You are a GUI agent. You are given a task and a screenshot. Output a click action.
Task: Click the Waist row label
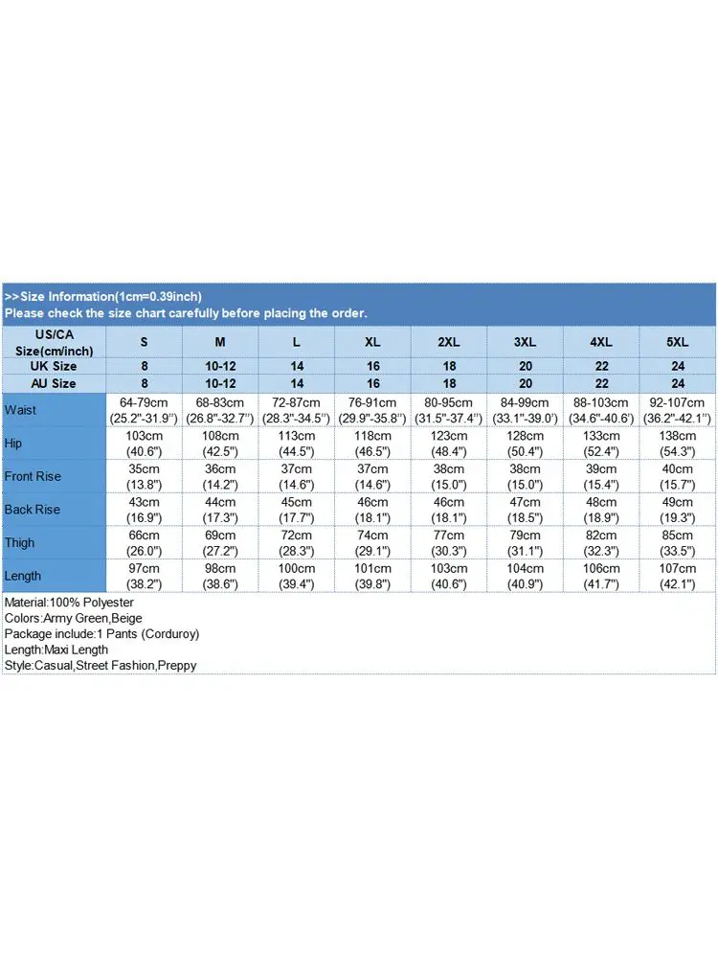(x=20, y=410)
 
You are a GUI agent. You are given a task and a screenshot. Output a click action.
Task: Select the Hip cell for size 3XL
(x=525, y=444)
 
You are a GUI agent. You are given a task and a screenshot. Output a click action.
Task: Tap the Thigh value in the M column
(x=220, y=542)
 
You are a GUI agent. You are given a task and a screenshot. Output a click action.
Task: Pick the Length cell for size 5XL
(x=678, y=576)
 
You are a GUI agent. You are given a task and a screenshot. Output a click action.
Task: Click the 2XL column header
(x=449, y=342)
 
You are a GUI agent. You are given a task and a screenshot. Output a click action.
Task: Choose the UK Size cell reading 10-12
(x=220, y=366)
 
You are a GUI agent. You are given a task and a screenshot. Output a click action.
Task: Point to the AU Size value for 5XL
(x=678, y=383)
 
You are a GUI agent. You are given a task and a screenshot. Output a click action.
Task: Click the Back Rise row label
(x=33, y=510)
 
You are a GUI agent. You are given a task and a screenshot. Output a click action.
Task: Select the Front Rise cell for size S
(x=144, y=476)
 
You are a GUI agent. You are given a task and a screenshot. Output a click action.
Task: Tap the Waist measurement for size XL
(x=372, y=410)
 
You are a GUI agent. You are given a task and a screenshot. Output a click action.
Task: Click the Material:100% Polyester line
(x=69, y=603)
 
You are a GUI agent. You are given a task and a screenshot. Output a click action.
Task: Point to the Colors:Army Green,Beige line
(x=73, y=618)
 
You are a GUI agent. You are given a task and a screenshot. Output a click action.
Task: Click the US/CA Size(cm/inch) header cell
(x=54, y=342)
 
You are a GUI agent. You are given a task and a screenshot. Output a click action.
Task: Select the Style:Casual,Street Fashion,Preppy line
(x=101, y=665)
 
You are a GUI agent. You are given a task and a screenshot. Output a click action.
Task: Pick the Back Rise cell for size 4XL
(x=601, y=510)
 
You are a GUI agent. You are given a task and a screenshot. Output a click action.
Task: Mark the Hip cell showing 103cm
(x=144, y=444)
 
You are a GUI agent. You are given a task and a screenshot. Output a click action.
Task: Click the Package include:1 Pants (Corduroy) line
(x=101, y=633)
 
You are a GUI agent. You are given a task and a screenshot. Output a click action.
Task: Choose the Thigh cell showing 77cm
(x=449, y=542)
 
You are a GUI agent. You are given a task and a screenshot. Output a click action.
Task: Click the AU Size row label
(x=54, y=383)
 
